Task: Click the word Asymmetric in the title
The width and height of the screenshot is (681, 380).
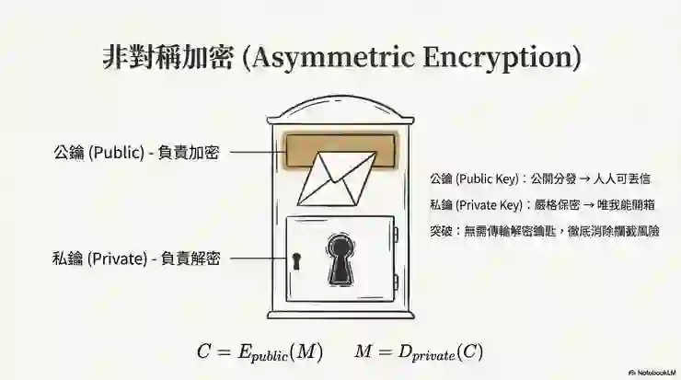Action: point(333,57)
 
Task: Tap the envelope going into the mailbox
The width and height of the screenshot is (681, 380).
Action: point(337,178)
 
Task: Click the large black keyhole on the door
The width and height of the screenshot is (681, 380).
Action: point(340,259)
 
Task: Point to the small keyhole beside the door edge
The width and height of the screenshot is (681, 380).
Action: point(296,261)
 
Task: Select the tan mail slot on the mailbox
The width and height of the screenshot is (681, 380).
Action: point(340,151)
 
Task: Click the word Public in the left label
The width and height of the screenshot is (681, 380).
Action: point(116,153)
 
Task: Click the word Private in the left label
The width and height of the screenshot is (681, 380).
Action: point(117,259)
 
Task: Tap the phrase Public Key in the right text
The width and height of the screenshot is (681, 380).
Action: point(487,178)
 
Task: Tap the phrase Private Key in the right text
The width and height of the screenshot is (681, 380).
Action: point(489,205)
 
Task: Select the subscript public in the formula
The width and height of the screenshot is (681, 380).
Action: point(270,356)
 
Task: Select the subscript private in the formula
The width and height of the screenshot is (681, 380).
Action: point(433,356)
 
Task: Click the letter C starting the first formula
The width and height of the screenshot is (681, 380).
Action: point(203,351)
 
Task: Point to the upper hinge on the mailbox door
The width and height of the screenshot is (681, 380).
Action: point(396,235)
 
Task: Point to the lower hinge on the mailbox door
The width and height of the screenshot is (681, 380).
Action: point(396,282)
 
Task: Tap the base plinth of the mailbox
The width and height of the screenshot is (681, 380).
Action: point(340,314)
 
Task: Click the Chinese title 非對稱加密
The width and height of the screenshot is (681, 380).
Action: point(168,57)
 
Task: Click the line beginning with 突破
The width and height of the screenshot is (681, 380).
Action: point(545,231)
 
